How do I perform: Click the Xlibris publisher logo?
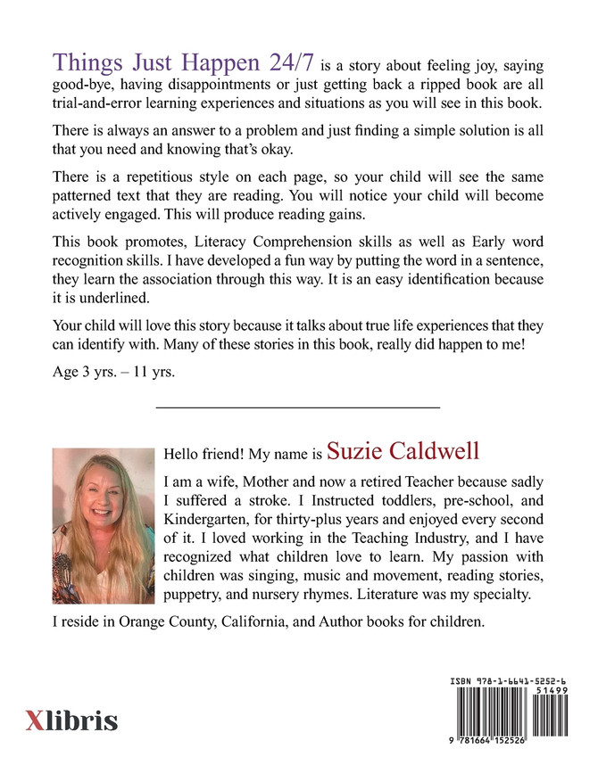(71, 720)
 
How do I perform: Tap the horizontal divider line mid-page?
(298, 407)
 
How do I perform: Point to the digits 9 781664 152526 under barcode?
(509, 759)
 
